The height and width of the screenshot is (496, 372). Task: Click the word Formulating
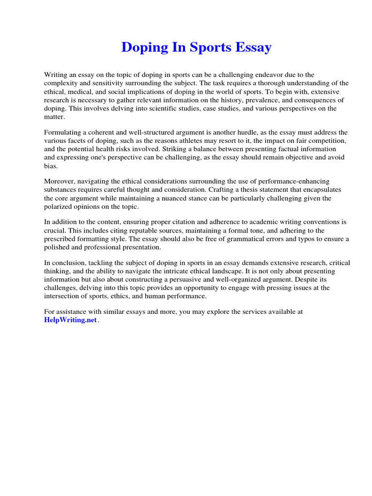[x=64, y=132]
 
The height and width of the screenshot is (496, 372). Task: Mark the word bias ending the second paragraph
[x=51, y=166]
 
